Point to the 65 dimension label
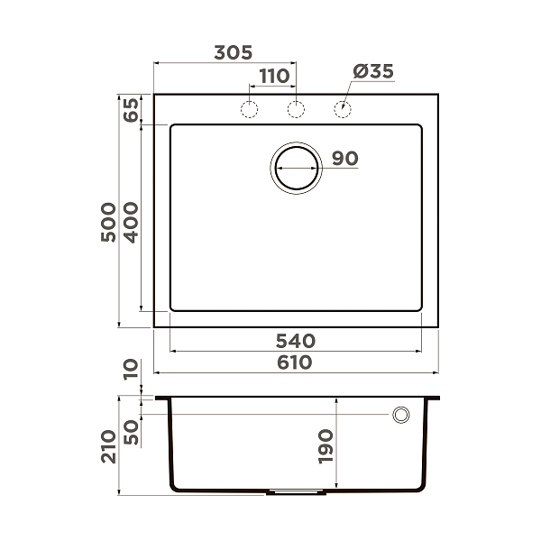pyautogui.click(x=131, y=110)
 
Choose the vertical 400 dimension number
pyautogui.click(x=131, y=222)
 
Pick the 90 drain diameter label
pyautogui.click(x=344, y=159)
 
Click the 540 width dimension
pyautogui.click(x=295, y=341)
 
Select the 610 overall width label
pyautogui.click(x=295, y=362)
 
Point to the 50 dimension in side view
pyautogui.click(x=131, y=430)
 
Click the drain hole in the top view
pyautogui.click(x=296, y=167)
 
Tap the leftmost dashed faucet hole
pyautogui.click(x=248, y=110)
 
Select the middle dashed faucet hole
pyautogui.click(x=296, y=110)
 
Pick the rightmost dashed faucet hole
pyautogui.click(x=343, y=110)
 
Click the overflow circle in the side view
pyautogui.click(x=400, y=415)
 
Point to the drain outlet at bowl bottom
pyautogui.click(x=296, y=493)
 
